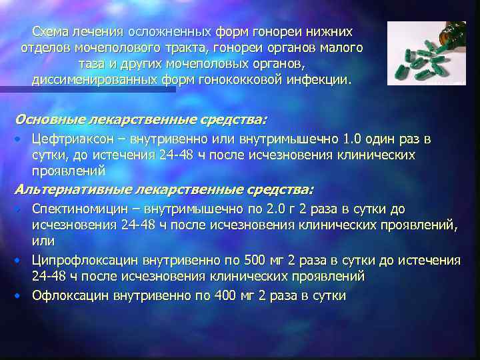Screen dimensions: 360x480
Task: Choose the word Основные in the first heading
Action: (48, 120)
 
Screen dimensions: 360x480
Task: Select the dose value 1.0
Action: (351, 140)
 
